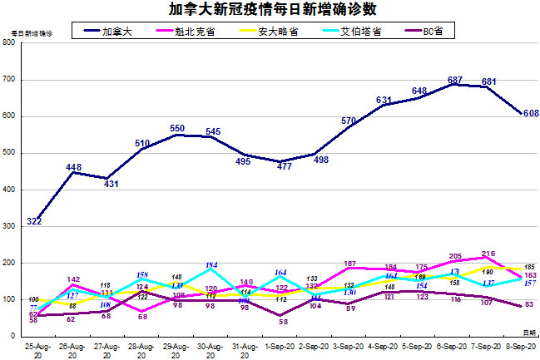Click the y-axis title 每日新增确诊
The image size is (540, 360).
31,32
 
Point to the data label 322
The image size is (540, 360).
34,222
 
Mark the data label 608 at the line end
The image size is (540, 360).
531,113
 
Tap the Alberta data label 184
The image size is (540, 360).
212,265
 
